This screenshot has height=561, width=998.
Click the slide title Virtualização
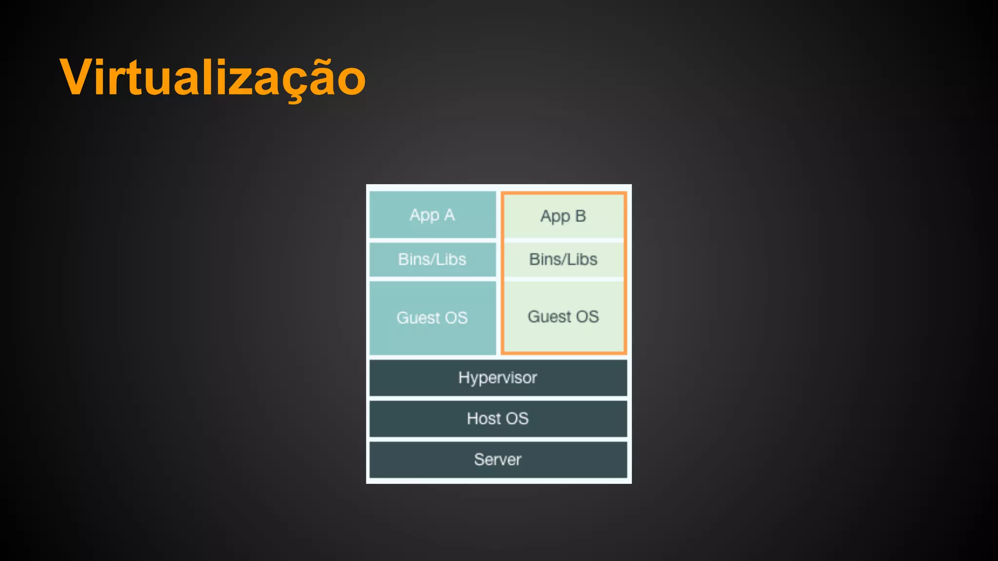(x=212, y=78)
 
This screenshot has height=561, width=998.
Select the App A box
(x=432, y=215)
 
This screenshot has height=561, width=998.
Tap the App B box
(x=563, y=216)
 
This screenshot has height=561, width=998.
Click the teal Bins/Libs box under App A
(x=432, y=259)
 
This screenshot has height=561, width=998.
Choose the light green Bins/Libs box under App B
(x=563, y=259)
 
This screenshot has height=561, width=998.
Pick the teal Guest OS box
(x=432, y=318)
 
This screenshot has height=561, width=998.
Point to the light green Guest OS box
(x=563, y=317)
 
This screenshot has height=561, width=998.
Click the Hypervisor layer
(x=498, y=378)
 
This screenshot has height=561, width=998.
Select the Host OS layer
(x=498, y=418)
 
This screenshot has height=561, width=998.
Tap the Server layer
(x=498, y=459)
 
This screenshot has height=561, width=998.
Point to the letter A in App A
(x=449, y=215)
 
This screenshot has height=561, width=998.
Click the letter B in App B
(x=580, y=216)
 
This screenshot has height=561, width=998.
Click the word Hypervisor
(x=498, y=378)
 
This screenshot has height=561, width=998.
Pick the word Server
(x=498, y=459)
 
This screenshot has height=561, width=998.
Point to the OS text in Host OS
(x=517, y=418)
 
